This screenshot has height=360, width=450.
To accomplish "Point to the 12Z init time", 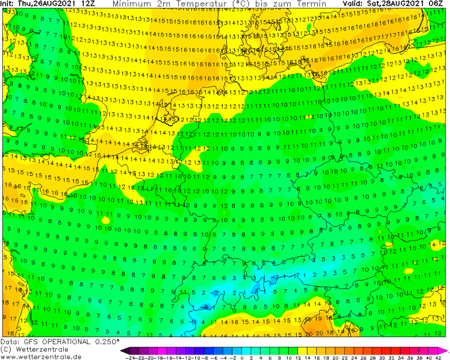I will coord(88,4).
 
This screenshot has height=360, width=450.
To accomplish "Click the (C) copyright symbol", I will coord(6,349).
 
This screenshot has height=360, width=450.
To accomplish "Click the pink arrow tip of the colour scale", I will coord(445,350).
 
